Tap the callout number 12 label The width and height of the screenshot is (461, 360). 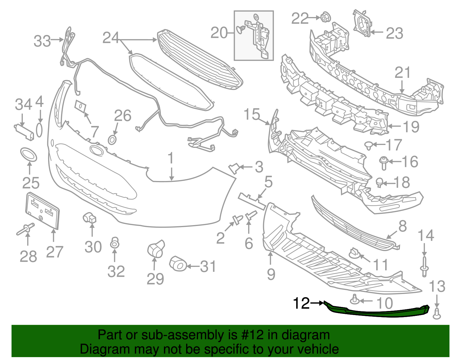pos(301,303)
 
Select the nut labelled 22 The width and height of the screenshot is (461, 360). pos(324,18)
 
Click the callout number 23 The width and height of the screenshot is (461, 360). pos(394,33)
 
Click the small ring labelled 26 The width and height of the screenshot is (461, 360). pos(112,140)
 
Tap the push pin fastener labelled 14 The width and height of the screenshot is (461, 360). pos(424,267)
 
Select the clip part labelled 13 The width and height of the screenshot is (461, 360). pos(437,314)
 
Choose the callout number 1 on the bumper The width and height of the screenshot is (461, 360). pos(171,159)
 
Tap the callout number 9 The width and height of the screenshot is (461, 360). pos(271,274)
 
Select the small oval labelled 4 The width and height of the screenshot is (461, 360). pos(39,130)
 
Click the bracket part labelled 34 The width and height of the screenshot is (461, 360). pos(24,131)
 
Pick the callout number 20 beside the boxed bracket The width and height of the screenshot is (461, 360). pos(219,33)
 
